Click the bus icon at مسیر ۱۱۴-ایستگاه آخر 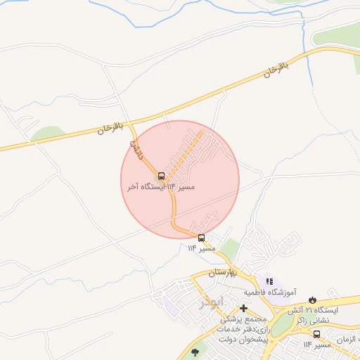(162, 176)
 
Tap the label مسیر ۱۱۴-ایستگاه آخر (161, 188)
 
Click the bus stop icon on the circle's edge (202, 238)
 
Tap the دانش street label (136, 150)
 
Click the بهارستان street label (225, 272)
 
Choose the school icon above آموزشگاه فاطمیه (269, 281)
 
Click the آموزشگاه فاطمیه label (271, 291)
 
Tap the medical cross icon (243, 308)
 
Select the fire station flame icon (312, 300)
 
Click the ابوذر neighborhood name (211, 302)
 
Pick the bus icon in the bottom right (297, 335)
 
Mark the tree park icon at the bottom (195, 352)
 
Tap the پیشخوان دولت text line (239, 340)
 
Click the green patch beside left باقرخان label (49, 134)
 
